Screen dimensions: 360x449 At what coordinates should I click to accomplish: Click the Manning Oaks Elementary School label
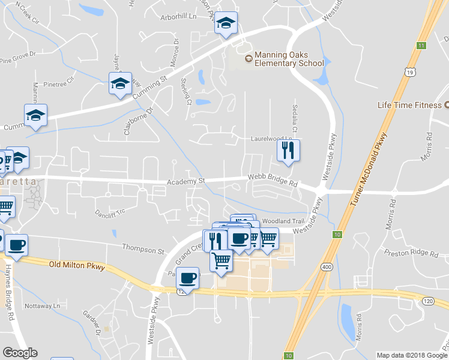(x=289, y=59)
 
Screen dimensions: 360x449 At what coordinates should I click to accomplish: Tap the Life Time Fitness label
(x=409, y=105)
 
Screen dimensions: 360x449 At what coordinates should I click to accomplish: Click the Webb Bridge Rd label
(x=273, y=178)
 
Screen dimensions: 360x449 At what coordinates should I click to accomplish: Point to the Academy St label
(x=186, y=180)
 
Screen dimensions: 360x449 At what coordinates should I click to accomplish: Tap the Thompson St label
(x=143, y=248)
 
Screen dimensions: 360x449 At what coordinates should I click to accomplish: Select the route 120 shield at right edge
(x=428, y=300)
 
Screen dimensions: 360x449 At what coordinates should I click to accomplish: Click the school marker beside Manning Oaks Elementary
(x=226, y=23)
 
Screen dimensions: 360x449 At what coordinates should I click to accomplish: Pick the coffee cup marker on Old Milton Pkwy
(x=188, y=277)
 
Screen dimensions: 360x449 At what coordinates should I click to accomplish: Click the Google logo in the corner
(x=20, y=353)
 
